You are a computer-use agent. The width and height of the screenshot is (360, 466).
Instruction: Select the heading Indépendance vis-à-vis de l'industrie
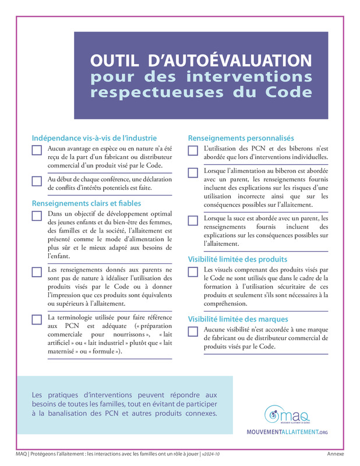click(94, 138)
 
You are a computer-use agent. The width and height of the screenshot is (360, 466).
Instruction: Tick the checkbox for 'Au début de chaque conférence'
click(37, 181)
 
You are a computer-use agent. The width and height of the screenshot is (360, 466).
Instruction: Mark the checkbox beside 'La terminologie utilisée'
click(37, 319)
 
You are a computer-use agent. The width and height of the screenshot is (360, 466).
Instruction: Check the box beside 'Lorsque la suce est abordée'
click(193, 221)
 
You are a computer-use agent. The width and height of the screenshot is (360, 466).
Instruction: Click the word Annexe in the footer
click(335, 454)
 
